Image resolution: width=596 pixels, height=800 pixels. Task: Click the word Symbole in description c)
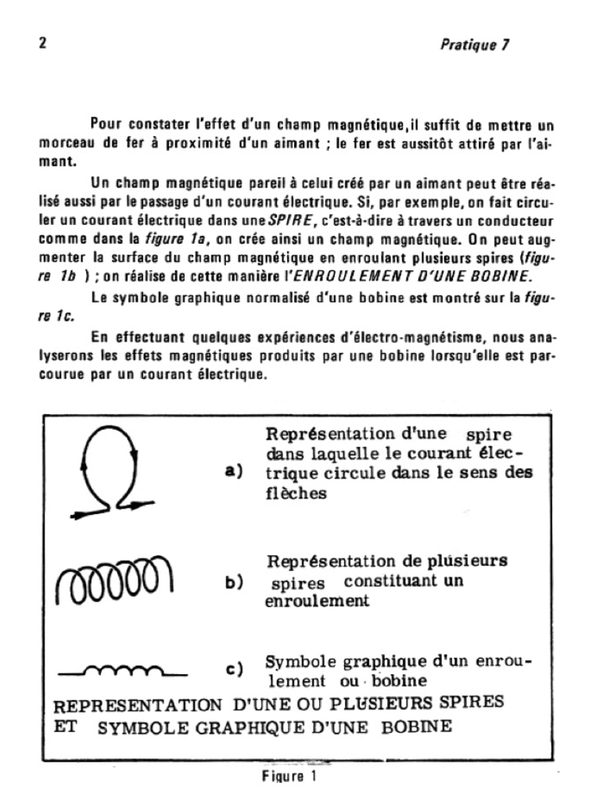click(x=297, y=661)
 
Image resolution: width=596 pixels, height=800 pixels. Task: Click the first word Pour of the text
click(x=105, y=123)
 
